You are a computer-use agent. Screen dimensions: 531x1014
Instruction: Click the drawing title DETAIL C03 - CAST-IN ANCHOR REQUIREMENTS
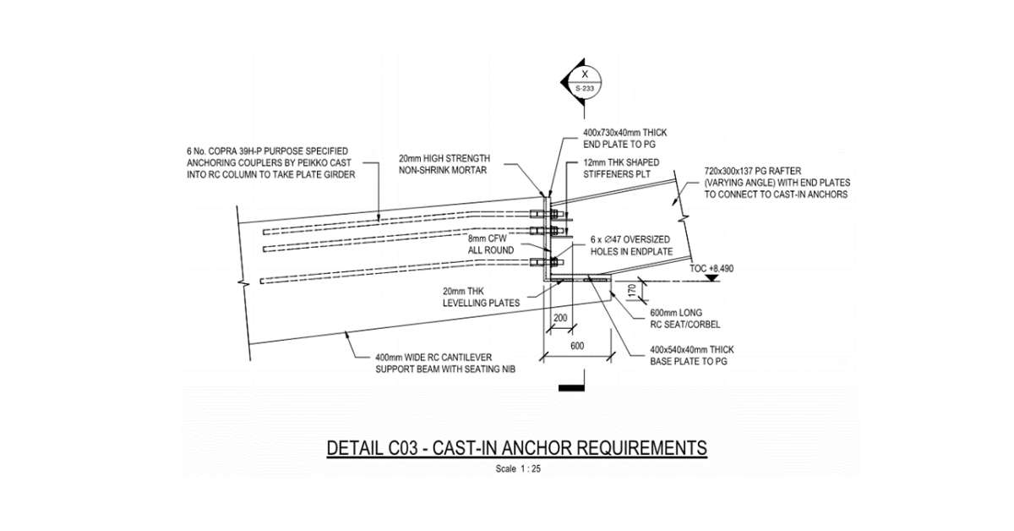click(516, 447)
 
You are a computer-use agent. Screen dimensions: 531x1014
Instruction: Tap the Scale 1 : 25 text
click(516, 469)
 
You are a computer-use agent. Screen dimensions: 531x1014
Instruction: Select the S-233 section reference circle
click(583, 81)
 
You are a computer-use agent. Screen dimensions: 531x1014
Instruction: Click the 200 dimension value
click(559, 320)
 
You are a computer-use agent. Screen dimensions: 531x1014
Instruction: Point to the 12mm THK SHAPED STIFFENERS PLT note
click(621, 167)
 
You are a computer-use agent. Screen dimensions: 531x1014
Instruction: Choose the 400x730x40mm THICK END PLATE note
click(626, 138)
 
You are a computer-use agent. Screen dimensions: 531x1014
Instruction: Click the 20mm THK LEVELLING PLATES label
click(479, 296)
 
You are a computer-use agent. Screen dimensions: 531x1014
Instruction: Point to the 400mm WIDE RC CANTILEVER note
click(439, 363)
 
